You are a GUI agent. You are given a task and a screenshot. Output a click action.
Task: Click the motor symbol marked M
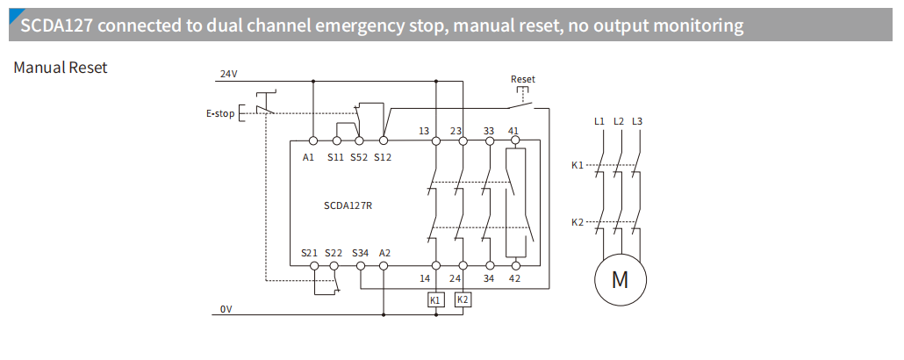tap(620, 280)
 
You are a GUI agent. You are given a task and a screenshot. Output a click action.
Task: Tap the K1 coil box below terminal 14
tap(435, 300)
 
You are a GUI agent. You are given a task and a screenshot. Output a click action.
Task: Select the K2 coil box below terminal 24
tap(463, 299)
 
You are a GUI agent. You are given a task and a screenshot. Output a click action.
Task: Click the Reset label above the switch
tap(523, 79)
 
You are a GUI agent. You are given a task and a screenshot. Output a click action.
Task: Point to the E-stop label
tap(220, 113)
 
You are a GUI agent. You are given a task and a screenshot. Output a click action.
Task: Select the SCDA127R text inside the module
tap(349, 206)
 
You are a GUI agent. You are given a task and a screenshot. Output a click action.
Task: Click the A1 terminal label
tap(308, 157)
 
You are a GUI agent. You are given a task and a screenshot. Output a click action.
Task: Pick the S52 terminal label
tap(358, 157)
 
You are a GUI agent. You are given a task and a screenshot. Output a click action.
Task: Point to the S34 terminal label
tap(361, 253)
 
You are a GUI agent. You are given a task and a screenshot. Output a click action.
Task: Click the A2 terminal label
tap(384, 253)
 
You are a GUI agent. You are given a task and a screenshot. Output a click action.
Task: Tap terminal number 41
tap(513, 131)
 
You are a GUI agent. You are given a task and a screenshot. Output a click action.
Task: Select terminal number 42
tap(514, 277)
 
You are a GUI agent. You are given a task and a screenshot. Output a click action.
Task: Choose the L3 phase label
tap(637, 120)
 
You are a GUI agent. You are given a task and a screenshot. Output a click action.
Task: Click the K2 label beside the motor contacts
tap(577, 222)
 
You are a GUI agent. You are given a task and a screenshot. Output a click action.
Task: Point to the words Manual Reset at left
tap(61, 68)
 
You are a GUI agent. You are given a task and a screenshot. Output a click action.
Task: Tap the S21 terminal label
tap(309, 253)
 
